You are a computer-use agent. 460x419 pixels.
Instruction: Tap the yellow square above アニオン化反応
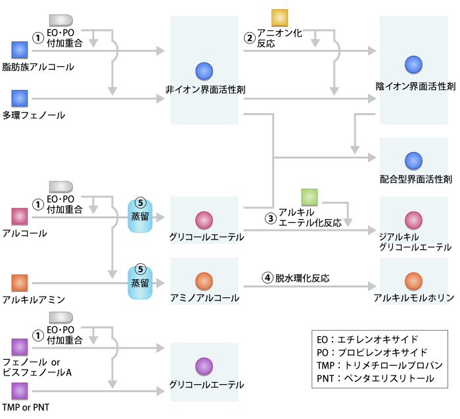click(281, 18)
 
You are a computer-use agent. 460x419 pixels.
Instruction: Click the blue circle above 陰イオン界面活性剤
click(413, 64)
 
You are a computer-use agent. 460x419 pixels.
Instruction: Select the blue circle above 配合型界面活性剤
click(413, 159)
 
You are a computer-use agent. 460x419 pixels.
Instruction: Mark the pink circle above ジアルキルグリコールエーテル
click(413, 219)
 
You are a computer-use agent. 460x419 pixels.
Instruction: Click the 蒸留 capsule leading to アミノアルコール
click(139, 278)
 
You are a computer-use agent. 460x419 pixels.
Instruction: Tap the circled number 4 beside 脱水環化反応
click(267, 278)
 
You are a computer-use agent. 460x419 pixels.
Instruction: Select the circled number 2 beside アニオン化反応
click(250, 38)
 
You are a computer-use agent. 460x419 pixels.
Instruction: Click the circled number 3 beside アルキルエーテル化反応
click(270, 219)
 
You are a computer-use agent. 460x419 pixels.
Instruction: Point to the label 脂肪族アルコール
click(38, 66)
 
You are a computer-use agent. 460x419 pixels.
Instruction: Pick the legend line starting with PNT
click(375, 378)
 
